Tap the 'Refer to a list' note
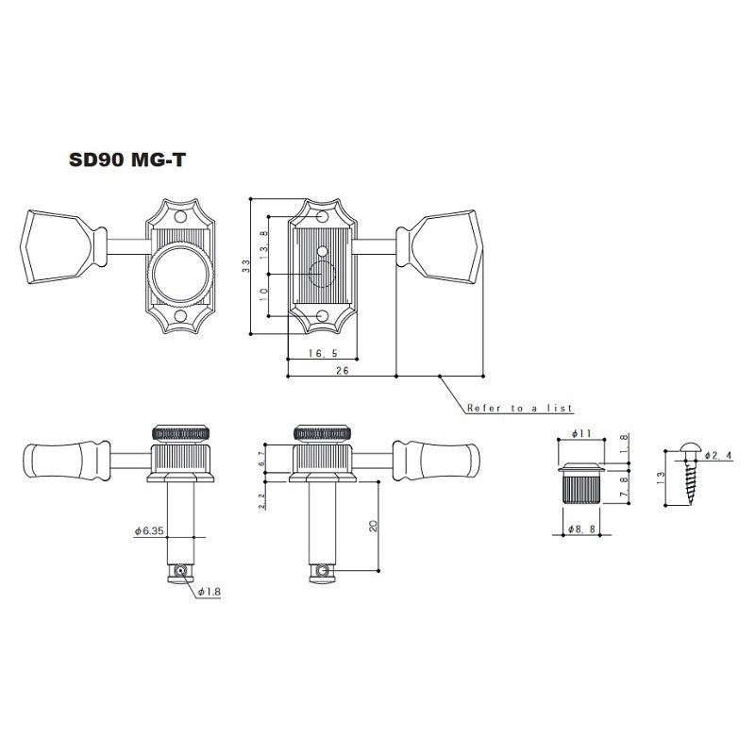click(519, 409)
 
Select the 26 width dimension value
click(342, 372)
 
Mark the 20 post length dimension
click(374, 526)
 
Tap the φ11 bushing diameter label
click(580, 433)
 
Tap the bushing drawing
click(580, 483)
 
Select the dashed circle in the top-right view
click(323, 275)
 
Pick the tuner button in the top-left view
click(62, 246)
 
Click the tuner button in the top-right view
click(444, 246)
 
